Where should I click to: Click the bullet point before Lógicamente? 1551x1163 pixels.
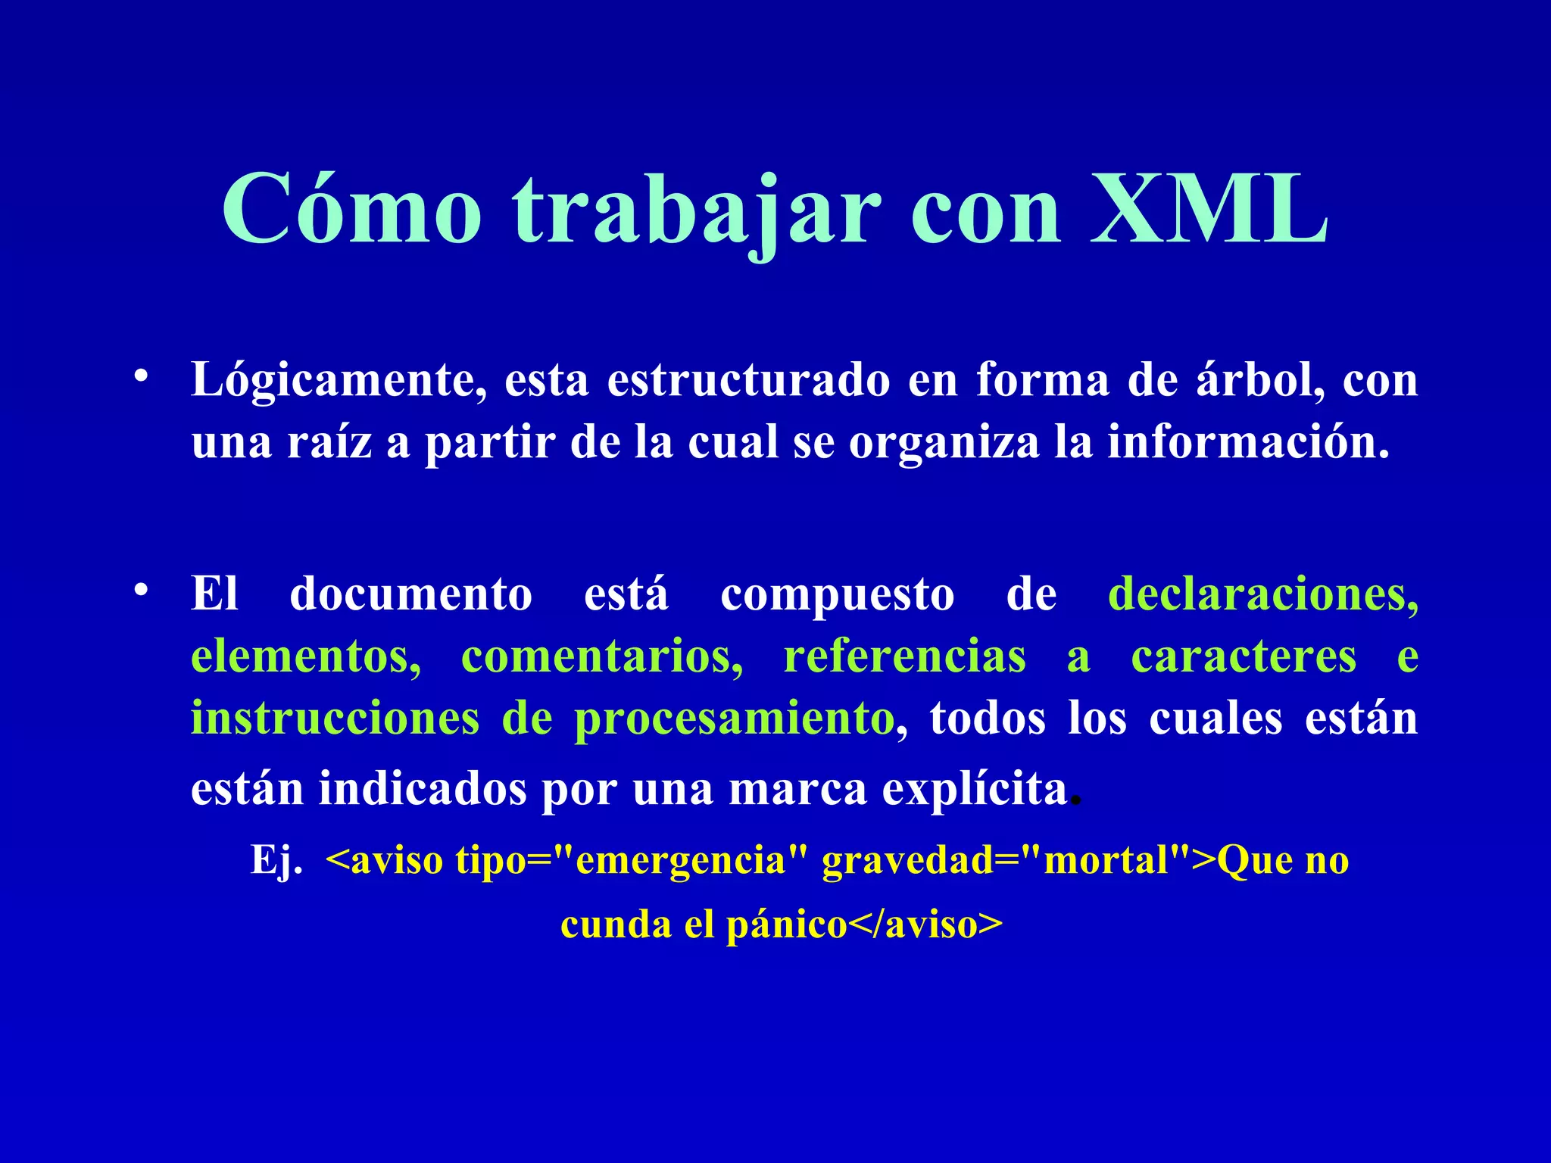tap(140, 376)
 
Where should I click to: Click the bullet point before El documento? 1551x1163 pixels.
tap(140, 591)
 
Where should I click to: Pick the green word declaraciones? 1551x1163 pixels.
tap(1262, 594)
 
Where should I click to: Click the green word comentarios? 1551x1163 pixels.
tap(602, 656)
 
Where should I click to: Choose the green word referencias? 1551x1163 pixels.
tap(905, 656)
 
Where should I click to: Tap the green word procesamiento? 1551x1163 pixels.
tap(734, 719)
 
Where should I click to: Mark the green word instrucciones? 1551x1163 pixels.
tap(335, 718)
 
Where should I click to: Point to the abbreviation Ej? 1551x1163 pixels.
tap(276, 861)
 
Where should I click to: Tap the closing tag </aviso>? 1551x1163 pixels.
tap(925, 925)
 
